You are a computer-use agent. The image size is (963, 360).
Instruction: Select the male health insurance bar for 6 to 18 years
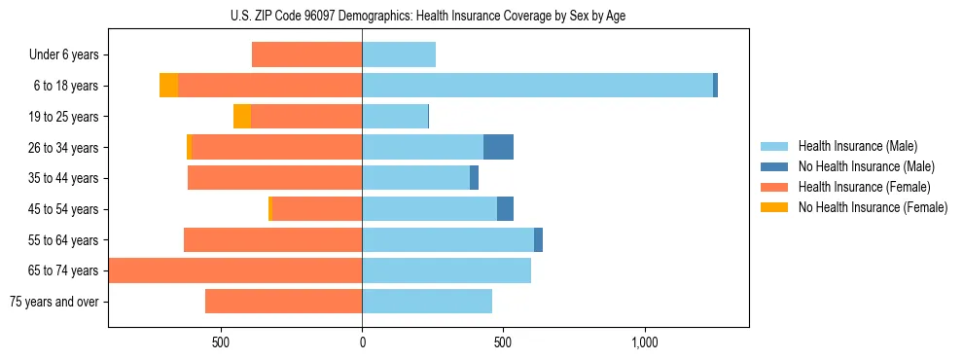pyautogui.click(x=537, y=86)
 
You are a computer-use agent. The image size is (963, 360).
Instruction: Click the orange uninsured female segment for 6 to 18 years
pyautogui.click(x=168, y=86)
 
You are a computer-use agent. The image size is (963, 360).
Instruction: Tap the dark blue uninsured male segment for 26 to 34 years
pyautogui.click(x=498, y=147)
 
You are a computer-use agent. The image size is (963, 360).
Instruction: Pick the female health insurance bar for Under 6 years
pyautogui.click(x=306, y=54)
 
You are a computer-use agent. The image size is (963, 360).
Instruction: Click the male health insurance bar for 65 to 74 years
pyautogui.click(x=446, y=270)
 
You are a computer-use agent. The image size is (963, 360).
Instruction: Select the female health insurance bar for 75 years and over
pyautogui.click(x=283, y=302)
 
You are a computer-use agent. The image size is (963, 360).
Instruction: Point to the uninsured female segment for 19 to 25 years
pyautogui.click(x=242, y=117)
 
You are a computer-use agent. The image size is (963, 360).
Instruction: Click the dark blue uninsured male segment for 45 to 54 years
pyautogui.click(x=505, y=209)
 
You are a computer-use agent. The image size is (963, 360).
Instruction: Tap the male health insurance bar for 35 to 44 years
pyautogui.click(x=415, y=178)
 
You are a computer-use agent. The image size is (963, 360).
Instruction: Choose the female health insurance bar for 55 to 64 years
pyautogui.click(x=272, y=240)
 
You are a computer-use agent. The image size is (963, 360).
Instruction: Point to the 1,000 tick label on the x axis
pyautogui.click(x=645, y=342)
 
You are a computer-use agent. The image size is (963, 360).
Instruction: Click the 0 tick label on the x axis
pyautogui.click(x=362, y=342)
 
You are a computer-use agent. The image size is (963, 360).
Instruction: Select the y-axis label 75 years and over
pyautogui.click(x=53, y=302)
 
